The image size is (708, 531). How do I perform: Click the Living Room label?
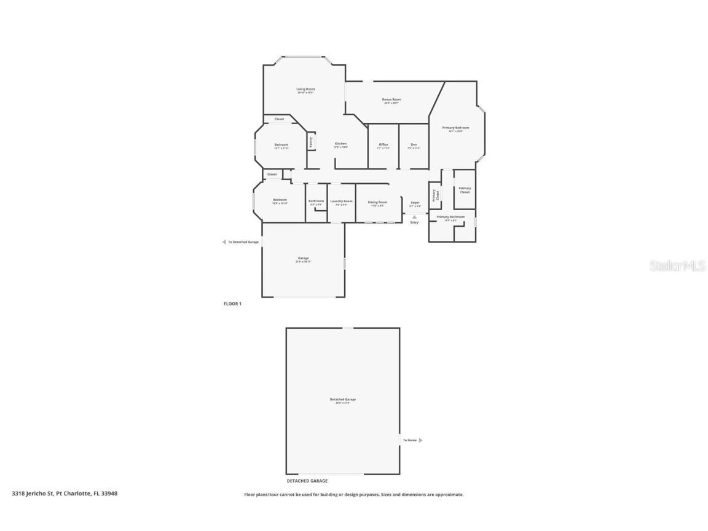coord(305,90)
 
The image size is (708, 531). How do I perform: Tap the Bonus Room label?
coord(391,100)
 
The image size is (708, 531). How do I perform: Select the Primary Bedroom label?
coord(455,128)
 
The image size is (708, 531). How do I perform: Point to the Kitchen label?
coord(340,144)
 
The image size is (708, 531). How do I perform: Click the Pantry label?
coord(311,141)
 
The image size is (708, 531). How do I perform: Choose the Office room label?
coord(383,144)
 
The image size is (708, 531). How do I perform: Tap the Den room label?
coord(414,144)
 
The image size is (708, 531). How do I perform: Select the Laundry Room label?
coord(341,201)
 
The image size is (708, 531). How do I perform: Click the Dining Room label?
coord(377,202)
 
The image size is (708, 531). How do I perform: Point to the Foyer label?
coord(415,203)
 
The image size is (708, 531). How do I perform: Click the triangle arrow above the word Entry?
coord(415,216)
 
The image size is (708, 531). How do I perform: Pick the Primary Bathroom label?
coord(450,217)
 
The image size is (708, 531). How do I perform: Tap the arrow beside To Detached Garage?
coord(224,242)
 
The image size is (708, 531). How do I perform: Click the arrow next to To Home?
coord(420,440)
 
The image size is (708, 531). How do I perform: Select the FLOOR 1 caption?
coord(232,304)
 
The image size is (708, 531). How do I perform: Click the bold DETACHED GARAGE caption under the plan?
coord(307,481)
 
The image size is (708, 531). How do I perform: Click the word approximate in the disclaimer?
coord(450,495)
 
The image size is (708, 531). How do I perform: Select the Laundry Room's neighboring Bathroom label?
coord(316,201)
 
